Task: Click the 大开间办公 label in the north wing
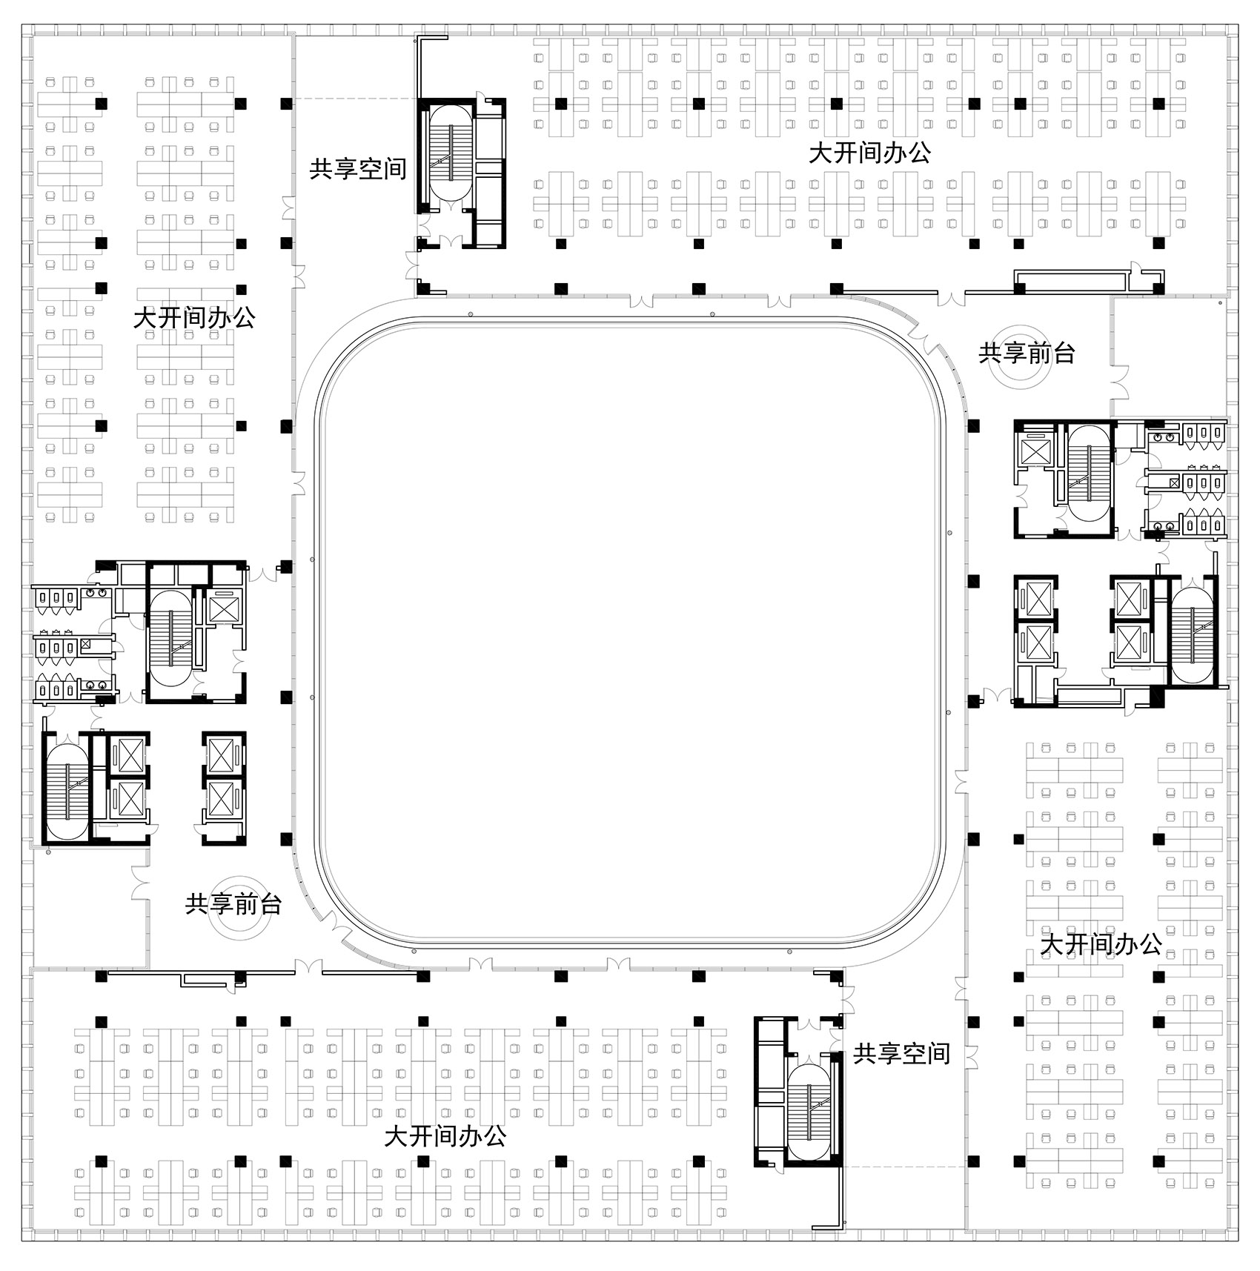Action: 869,153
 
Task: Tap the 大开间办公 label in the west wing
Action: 195,318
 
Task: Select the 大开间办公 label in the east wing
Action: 1101,944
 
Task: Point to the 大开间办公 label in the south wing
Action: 445,1136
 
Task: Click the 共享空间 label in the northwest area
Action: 358,169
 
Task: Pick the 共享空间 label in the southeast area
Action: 901,1053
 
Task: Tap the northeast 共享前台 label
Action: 1027,353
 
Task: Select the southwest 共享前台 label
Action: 233,903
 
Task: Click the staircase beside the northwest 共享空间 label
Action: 451,153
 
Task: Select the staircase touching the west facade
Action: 67,790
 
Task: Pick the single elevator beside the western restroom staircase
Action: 224,608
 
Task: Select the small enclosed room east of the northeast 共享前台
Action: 1168,356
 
